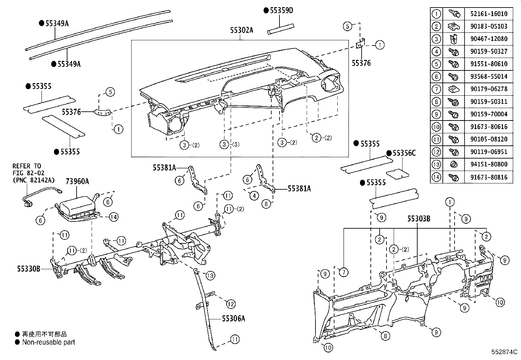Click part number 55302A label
(x=242, y=30)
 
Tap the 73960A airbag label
(x=78, y=181)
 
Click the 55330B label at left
(x=28, y=269)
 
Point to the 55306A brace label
(x=233, y=318)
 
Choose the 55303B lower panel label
(x=419, y=218)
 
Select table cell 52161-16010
(x=489, y=14)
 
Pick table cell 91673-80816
(x=489, y=177)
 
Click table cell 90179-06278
(x=489, y=89)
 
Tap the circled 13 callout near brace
(x=210, y=275)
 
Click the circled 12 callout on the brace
(x=231, y=304)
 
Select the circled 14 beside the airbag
(x=113, y=217)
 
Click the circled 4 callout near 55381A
(x=254, y=196)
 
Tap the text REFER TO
(x=27, y=166)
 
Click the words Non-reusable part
(x=48, y=342)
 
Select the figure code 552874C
(x=504, y=352)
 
